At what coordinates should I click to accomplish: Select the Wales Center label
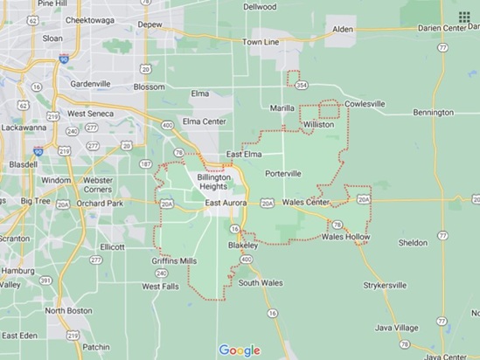click(305, 203)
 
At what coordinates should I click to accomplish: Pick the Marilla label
click(282, 110)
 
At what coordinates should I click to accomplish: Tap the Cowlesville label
click(365, 103)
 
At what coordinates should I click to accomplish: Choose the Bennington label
click(434, 113)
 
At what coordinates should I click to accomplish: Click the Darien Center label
click(451, 29)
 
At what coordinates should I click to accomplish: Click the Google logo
click(240, 350)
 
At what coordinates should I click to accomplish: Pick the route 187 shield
click(144, 163)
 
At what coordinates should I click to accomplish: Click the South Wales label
click(261, 282)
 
